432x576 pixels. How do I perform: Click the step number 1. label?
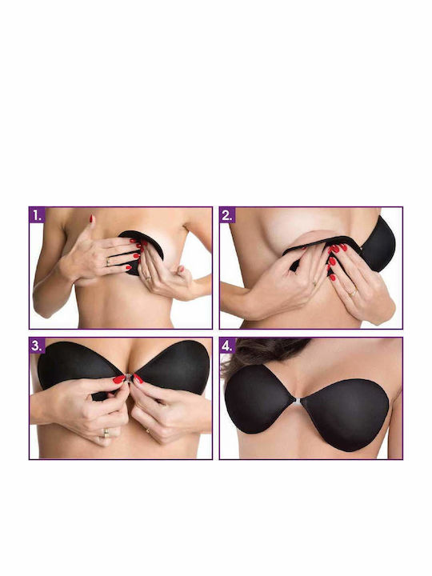tap(37, 215)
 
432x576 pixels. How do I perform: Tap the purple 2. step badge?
tap(227, 215)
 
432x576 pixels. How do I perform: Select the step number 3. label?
tap(37, 346)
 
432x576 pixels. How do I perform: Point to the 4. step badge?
tap(227, 346)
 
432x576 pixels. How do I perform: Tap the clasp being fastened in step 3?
tap(128, 378)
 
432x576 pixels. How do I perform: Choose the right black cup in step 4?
tap(346, 411)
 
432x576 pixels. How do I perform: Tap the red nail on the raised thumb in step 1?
tap(91, 218)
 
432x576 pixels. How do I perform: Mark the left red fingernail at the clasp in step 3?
tap(118, 379)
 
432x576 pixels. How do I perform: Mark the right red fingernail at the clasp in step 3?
tap(138, 378)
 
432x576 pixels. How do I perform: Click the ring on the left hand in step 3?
tap(106, 433)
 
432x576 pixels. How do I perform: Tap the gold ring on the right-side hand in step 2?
tap(353, 293)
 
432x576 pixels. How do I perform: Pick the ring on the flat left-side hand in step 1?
tap(108, 262)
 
